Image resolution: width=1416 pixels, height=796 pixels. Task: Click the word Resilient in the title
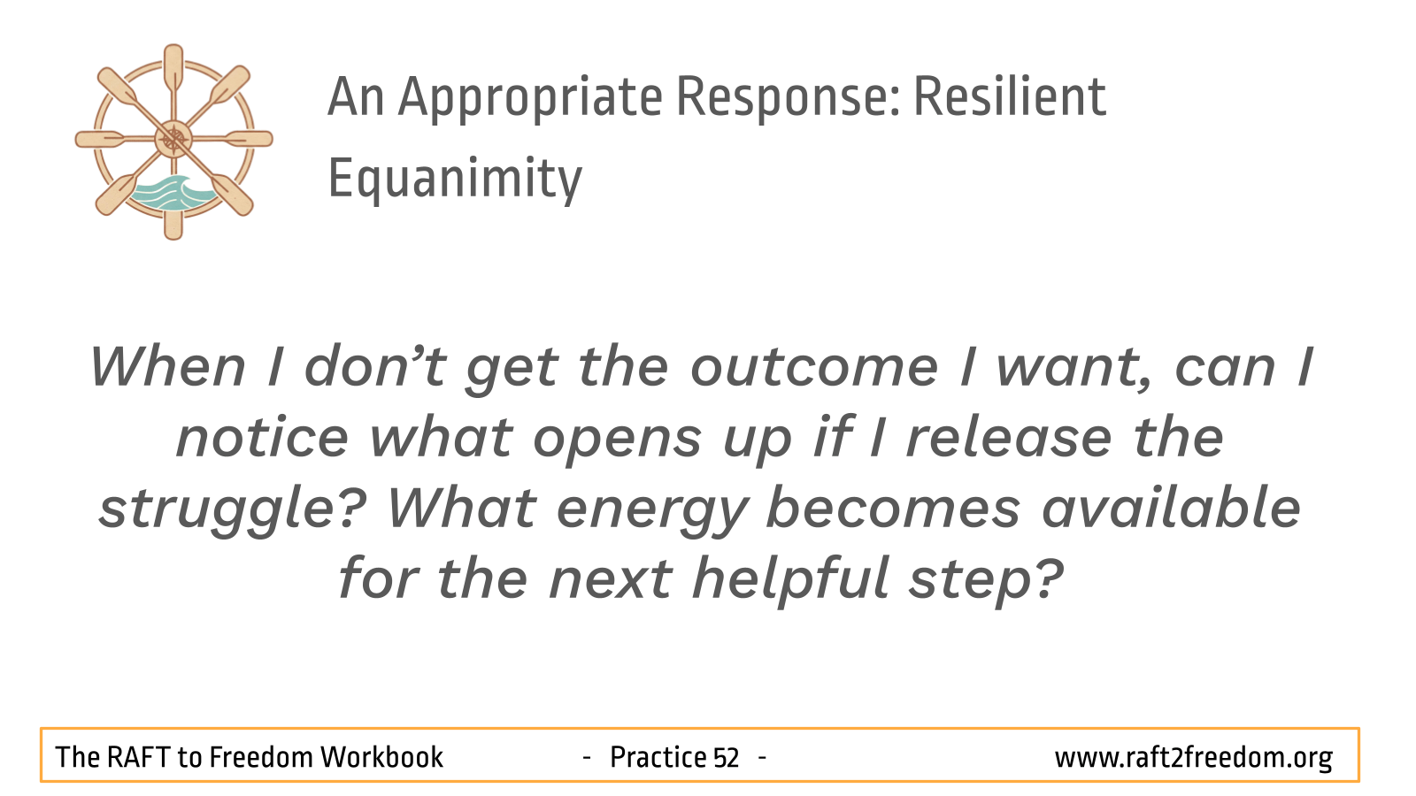pyautogui.click(x=1010, y=97)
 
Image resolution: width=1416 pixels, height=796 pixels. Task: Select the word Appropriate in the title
pyautogui.click(x=530, y=99)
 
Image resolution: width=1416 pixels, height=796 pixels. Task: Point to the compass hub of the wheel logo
pyautogui.click(x=173, y=139)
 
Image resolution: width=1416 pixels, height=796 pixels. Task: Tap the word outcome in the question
pyautogui.click(x=814, y=367)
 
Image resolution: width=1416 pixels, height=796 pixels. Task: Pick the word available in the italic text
pyautogui.click(x=1171, y=508)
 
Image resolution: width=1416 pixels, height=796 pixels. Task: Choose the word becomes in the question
pyautogui.click(x=893, y=508)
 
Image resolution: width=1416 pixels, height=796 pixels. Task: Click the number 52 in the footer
pyautogui.click(x=726, y=757)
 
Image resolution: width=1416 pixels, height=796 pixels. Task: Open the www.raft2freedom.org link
pyautogui.click(x=1194, y=758)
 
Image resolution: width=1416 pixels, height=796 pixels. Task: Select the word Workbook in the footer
pyautogui.click(x=381, y=757)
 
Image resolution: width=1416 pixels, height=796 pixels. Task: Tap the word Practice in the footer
pyautogui.click(x=658, y=757)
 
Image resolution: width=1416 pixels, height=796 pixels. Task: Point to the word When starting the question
pyautogui.click(x=167, y=367)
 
